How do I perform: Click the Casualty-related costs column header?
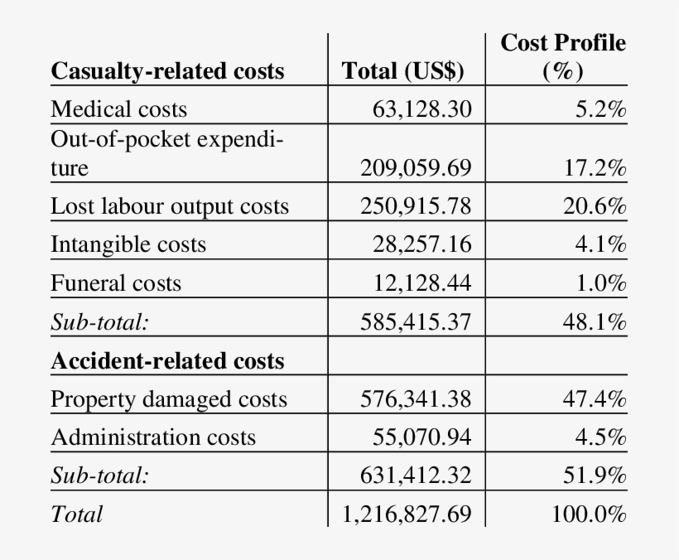(x=167, y=71)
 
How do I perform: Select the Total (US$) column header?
(x=403, y=71)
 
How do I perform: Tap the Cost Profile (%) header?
(x=563, y=56)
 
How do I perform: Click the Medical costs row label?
(x=119, y=109)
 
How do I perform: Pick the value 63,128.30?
(x=422, y=109)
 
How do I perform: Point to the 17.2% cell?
(x=595, y=169)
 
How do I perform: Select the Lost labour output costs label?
(x=170, y=206)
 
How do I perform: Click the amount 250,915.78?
(x=416, y=206)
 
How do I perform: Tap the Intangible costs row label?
(x=128, y=244)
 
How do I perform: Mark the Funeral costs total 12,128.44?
(x=422, y=283)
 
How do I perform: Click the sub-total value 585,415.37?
(x=416, y=321)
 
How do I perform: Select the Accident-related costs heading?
(x=167, y=361)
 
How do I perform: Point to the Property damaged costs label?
(x=169, y=399)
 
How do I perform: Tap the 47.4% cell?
(x=595, y=399)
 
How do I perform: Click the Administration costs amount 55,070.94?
(x=422, y=437)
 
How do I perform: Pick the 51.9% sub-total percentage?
(x=595, y=476)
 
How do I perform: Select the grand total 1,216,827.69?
(x=407, y=514)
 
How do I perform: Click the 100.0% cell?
(x=589, y=514)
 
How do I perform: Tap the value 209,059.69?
(x=416, y=169)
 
